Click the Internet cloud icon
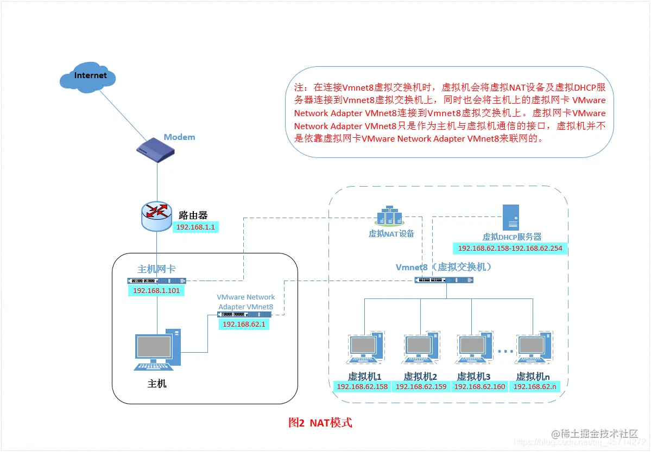88,77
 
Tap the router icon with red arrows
157,216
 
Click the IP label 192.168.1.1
196,227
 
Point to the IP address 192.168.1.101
156,290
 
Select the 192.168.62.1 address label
245,324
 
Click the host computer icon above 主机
157,349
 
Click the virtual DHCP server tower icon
511,218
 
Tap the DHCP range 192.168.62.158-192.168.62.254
510,249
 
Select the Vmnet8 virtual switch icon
444,280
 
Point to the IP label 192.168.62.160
479,387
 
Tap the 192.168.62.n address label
534,387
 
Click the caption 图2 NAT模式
320,423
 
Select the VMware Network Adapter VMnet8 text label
245,302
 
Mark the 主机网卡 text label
156,269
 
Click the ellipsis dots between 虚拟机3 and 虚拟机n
505,352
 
